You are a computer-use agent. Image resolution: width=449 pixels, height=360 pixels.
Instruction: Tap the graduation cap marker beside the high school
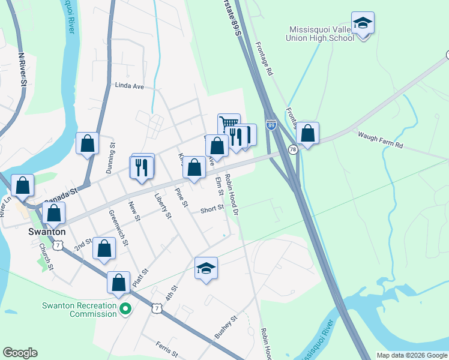363,25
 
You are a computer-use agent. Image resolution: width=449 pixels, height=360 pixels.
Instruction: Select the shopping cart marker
228,124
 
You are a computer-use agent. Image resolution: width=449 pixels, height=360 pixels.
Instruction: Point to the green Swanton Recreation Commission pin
125,309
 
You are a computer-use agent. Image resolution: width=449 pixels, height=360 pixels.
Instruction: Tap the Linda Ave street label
130,86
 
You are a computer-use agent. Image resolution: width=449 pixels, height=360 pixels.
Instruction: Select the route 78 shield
293,149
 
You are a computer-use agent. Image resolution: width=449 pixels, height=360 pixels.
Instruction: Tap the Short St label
212,209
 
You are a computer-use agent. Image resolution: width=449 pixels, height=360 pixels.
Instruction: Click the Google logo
20,352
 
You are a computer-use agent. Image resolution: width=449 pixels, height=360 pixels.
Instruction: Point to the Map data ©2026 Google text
412,355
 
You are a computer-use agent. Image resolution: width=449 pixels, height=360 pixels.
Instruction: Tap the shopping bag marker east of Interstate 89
307,134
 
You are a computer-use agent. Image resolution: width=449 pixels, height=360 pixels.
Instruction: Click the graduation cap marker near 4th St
206,268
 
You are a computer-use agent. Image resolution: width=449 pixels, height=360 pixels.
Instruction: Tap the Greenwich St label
118,227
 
